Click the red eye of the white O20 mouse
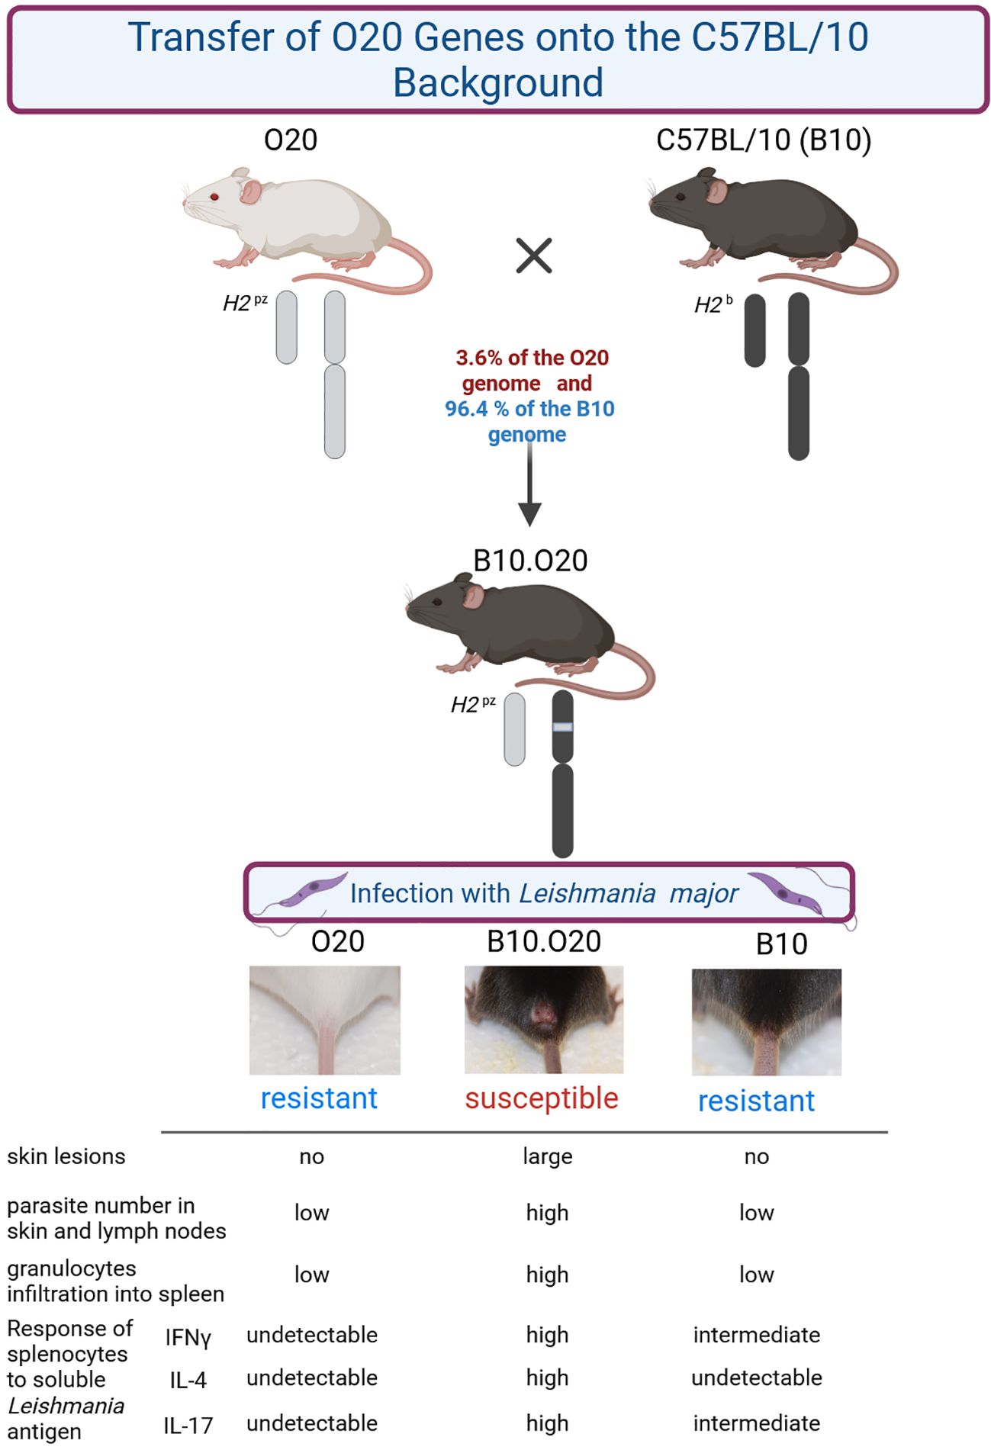coord(214,197)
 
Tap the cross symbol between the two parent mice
coord(533,256)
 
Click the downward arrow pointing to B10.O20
coord(529,488)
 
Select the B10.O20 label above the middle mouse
coord(530,561)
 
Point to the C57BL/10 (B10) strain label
coord(763,140)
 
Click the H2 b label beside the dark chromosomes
coord(713,305)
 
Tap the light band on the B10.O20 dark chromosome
coord(562,727)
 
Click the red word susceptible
coord(542,1098)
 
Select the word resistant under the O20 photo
coord(319,1098)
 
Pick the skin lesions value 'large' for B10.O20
coord(547,1156)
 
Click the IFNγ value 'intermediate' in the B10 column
coord(756,1335)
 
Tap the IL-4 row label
coord(188,1380)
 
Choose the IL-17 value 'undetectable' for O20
coord(311,1423)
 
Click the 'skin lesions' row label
coord(66,1156)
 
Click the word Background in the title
coord(497,82)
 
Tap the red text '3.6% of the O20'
coord(532,358)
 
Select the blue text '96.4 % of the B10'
coord(529,409)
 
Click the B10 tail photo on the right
coord(766,1021)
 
